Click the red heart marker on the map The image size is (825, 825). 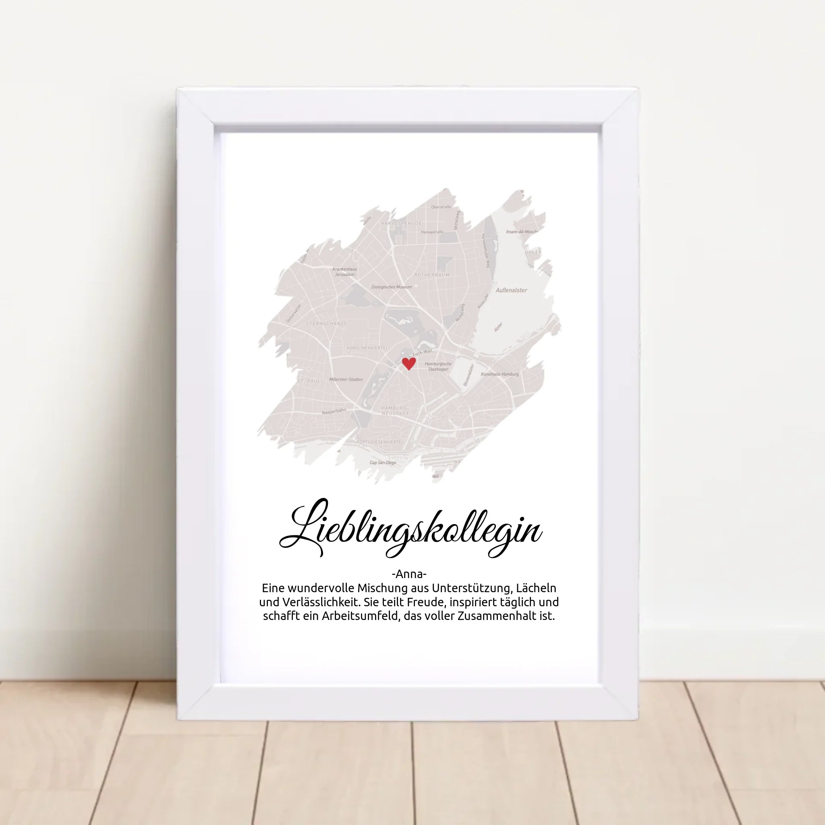[x=408, y=363]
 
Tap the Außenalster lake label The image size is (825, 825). [x=511, y=290]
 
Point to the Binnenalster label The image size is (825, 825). [x=468, y=375]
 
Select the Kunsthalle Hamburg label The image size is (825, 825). [x=500, y=374]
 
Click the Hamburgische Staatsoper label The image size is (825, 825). [x=438, y=367]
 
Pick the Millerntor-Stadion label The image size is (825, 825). [x=346, y=379]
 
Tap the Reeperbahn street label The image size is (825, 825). [x=334, y=411]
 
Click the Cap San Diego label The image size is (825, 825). [x=383, y=462]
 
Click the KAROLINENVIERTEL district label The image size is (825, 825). [x=367, y=348]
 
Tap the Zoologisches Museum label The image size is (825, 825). [x=391, y=287]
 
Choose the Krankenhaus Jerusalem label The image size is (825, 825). [x=344, y=272]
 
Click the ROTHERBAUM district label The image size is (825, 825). [x=431, y=275]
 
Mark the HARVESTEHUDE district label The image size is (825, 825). [x=401, y=223]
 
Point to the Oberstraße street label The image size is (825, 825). [x=441, y=207]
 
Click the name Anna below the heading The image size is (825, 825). [x=408, y=573]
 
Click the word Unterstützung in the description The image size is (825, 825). [x=471, y=588]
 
